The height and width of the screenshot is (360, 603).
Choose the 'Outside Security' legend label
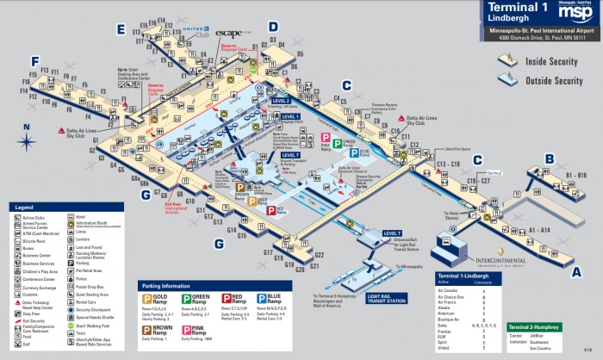coord(555,81)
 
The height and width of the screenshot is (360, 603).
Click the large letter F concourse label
coord(34,61)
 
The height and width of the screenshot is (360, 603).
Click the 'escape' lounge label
coord(230,34)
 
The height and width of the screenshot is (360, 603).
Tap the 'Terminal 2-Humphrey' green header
coord(535,328)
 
